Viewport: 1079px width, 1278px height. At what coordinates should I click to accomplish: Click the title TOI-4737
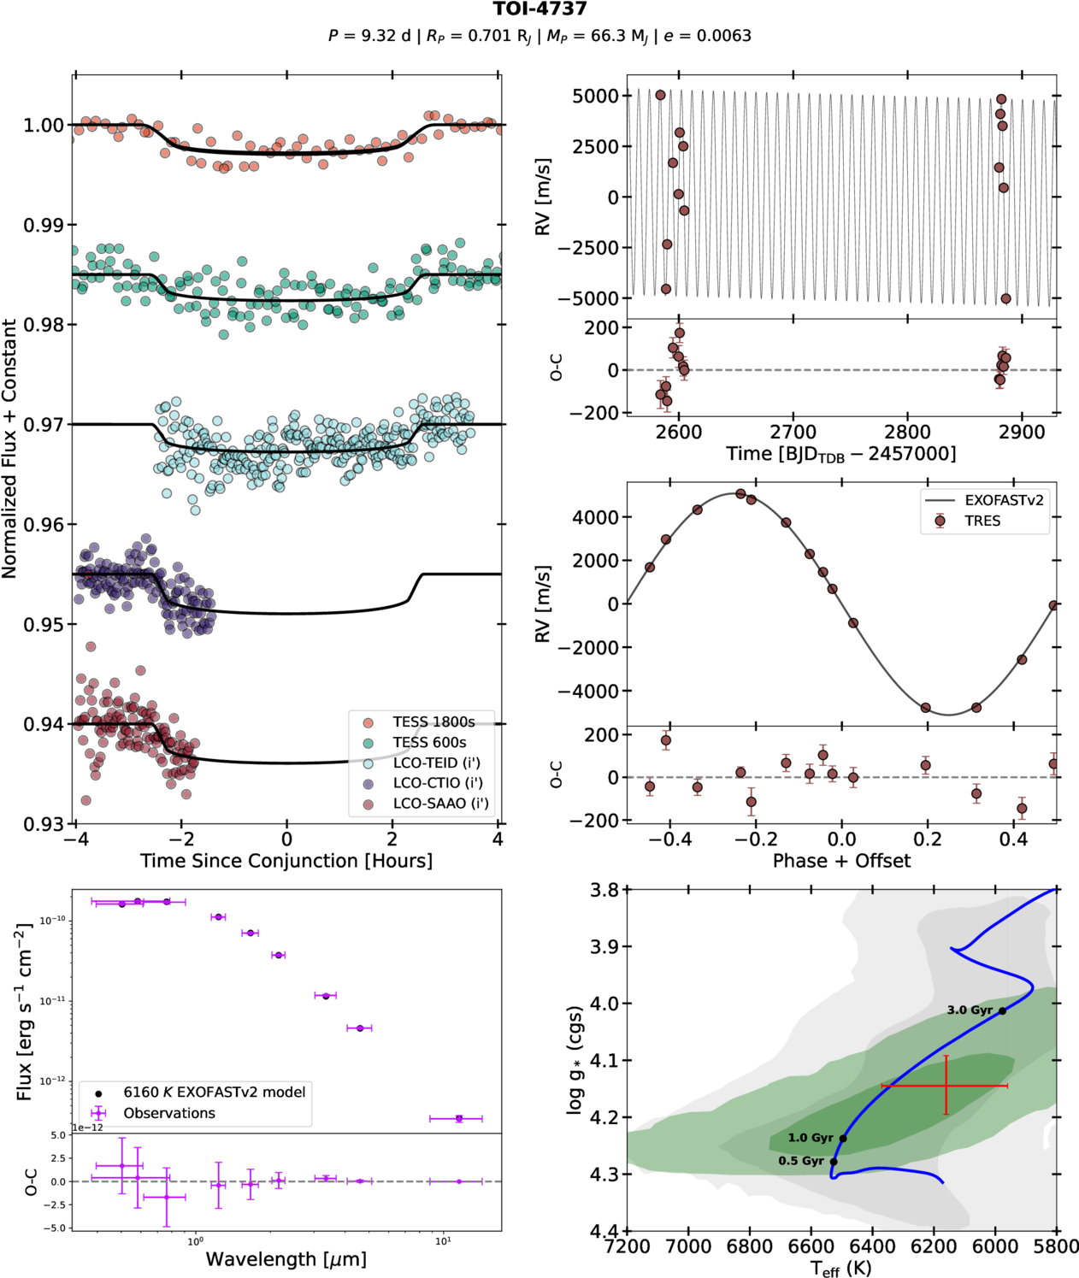[x=539, y=9]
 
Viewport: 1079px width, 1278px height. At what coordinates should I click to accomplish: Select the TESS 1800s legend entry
[x=433, y=722]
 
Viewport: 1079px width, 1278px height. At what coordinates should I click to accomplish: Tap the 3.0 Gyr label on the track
[x=969, y=1010]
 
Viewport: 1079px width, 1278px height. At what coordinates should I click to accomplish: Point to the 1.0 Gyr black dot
[x=843, y=1139]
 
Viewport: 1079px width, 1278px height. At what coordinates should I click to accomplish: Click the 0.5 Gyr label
[x=801, y=1161]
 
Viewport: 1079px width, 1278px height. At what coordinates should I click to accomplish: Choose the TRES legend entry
[x=982, y=521]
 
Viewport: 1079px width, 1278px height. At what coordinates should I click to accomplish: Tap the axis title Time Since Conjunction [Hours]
[x=286, y=861]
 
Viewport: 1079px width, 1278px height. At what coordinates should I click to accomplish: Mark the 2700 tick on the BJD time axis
[x=793, y=432]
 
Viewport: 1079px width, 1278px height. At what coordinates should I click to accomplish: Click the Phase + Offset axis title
[x=841, y=861]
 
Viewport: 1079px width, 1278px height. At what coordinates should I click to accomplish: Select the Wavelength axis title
[x=286, y=1259]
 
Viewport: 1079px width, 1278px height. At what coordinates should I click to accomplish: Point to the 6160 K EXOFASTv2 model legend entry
[x=214, y=1092]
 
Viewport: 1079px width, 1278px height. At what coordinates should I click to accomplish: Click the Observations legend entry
[x=169, y=1113]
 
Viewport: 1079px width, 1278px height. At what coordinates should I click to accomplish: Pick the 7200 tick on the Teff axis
[x=627, y=1246]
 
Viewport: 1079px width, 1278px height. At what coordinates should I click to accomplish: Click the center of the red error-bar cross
[x=946, y=1086]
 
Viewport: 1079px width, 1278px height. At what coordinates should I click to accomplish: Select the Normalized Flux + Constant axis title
[x=10, y=449]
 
